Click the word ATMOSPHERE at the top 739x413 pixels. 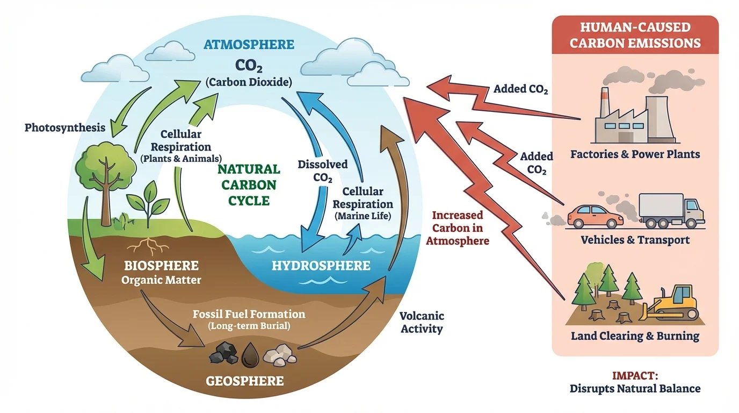click(248, 44)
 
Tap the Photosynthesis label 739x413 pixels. click(64, 128)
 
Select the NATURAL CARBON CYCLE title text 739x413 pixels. click(249, 185)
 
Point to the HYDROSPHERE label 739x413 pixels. click(321, 265)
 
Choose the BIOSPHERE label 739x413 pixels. click(161, 266)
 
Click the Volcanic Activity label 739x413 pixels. click(422, 322)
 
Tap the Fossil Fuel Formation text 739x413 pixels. click(249, 314)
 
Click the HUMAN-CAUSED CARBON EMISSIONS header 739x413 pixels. click(635, 35)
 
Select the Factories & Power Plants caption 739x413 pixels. click(635, 154)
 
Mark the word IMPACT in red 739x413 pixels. click(635, 375)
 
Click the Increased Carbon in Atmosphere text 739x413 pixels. click(458, 228)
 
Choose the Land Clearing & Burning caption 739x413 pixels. click(635, 336)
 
